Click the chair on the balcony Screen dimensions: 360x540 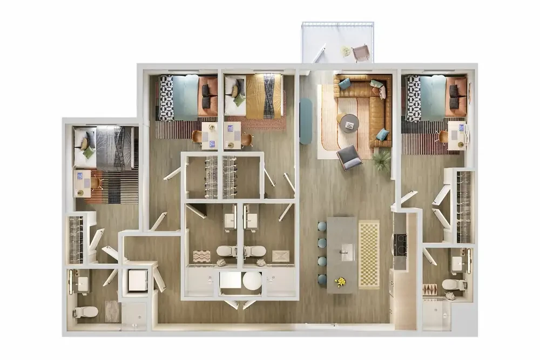coord(361,53)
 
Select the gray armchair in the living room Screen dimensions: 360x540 coord(349,157)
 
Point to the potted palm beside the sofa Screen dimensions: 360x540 coord(382,159)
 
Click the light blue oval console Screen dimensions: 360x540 coord(306,120)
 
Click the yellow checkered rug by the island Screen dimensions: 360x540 coord(369,254)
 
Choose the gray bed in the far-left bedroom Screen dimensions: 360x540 coord(105,147)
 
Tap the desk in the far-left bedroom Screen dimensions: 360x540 coord(83,184)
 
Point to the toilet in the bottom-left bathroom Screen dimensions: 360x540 coord(86,311)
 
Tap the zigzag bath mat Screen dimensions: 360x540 coord(201,256)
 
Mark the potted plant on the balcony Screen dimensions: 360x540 coord(346,51)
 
